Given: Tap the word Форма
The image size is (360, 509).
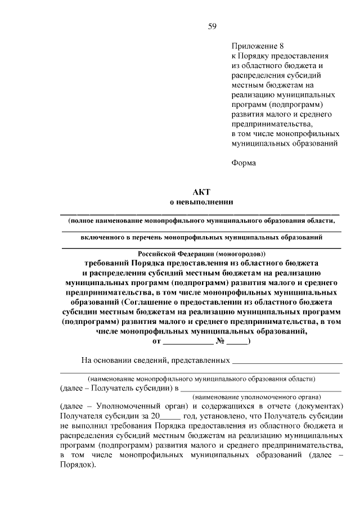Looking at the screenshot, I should click(243, 163).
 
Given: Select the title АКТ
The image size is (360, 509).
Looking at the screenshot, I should click(201, 192).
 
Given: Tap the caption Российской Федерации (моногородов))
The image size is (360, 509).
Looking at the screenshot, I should click(201, 253).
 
